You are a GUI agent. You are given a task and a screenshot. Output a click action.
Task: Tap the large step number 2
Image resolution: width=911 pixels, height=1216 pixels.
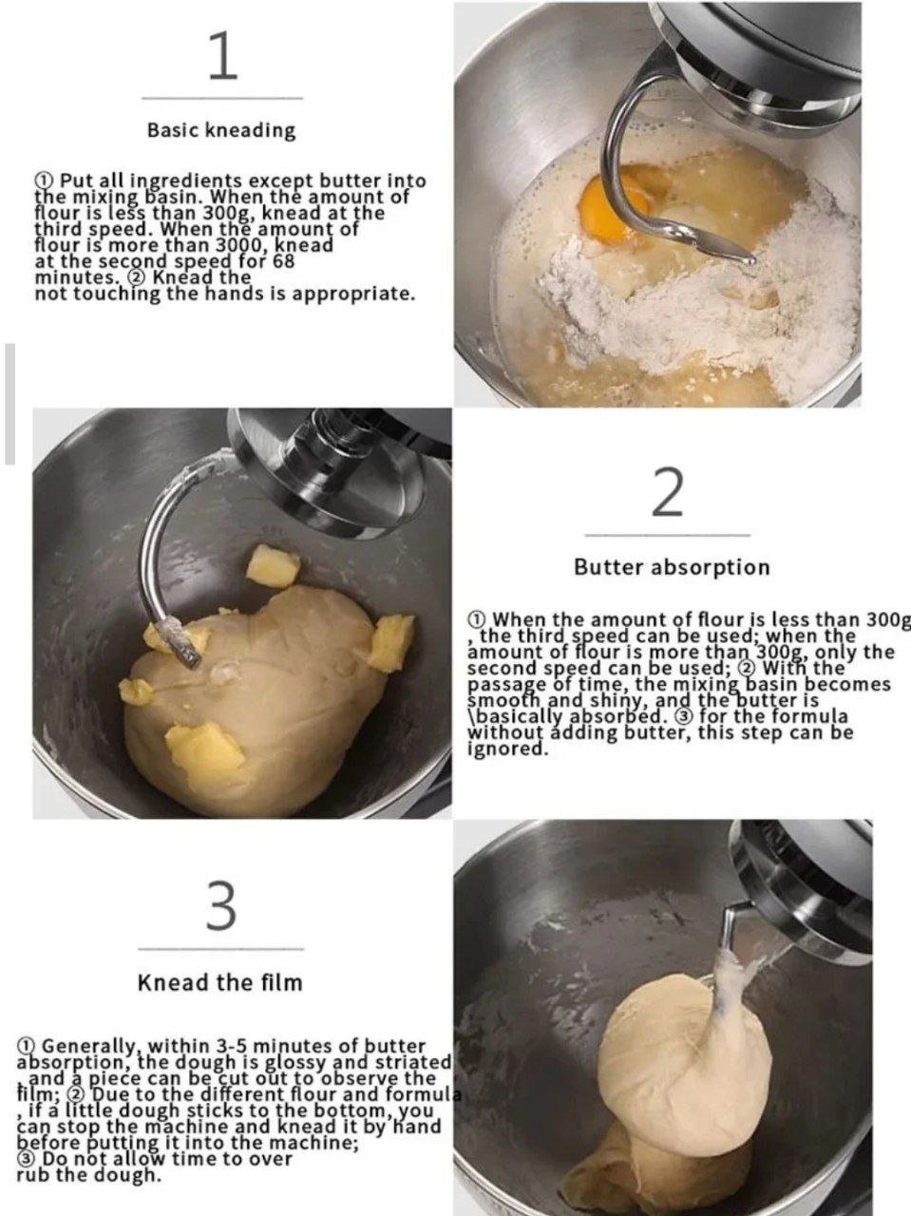click(666, 492)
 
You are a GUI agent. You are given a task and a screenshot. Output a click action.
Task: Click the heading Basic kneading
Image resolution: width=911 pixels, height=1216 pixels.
click(221, 131)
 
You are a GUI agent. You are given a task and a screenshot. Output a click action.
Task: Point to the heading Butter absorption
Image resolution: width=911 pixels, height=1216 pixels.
click(672, 567)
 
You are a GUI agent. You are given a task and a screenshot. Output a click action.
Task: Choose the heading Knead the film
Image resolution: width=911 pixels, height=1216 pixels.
click(220, 981)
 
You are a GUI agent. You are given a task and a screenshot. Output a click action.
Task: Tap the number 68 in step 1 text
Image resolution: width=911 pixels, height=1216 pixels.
click(283, 260)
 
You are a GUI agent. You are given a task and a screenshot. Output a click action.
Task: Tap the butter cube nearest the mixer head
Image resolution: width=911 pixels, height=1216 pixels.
click(273, 565)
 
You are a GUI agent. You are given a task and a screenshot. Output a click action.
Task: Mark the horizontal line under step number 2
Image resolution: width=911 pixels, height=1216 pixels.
click(667, 536)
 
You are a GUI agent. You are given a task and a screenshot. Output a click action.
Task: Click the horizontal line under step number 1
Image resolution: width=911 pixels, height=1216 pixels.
click(222, 99)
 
